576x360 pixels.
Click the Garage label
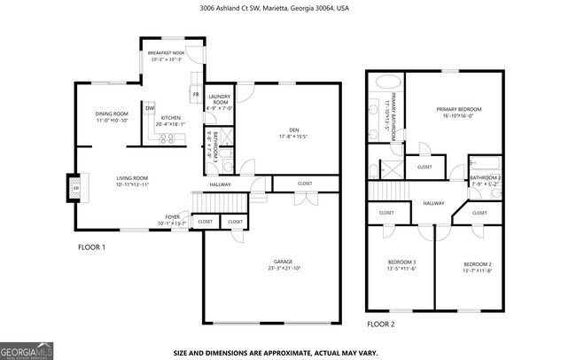(x=283, y=265)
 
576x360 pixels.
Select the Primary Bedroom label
(x=455, y=112)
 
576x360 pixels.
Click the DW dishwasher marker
(x=151, y=108)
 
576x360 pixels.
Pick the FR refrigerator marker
(x=195, y=92)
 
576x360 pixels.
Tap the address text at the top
(x=288, y=9)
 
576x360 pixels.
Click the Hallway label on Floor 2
(x=433, y=204)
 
